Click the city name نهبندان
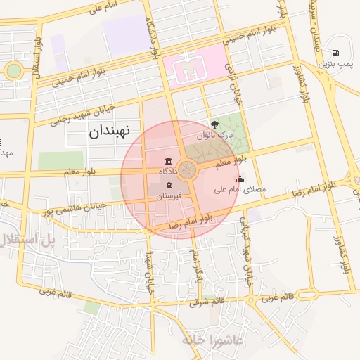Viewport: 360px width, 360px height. pos(110,131)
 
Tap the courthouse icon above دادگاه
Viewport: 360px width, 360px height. pos(167,160)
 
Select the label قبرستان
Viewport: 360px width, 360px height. pos(169,196)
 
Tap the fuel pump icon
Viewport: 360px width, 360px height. pos(335,53)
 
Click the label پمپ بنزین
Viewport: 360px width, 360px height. pos(333,64)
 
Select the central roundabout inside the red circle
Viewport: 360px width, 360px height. pos(187,169)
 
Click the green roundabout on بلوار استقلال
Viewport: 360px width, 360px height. pos(13,70)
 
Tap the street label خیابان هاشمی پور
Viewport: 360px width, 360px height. pos(75,207)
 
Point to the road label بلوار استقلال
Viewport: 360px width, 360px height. pos(36,58)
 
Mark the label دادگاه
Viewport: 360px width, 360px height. pos(171,171)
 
